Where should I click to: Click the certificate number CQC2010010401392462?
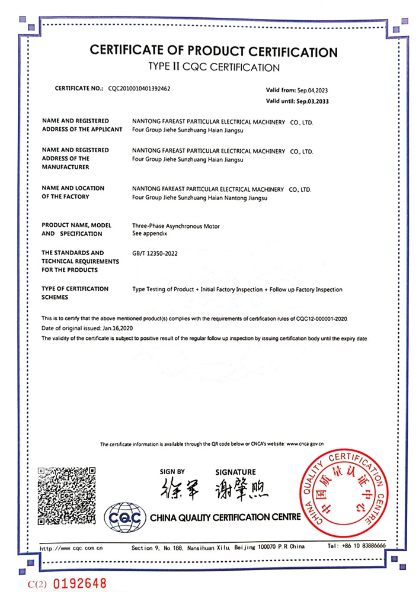[x=139, y=88]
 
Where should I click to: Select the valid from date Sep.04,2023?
[x=312, y=90]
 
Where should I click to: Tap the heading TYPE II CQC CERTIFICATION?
[x=213, y=67]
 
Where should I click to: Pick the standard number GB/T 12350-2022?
[x=155, y=253]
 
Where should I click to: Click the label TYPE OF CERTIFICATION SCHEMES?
[x=75, y=293]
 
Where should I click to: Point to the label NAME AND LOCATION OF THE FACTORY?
[x=73, y=192]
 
